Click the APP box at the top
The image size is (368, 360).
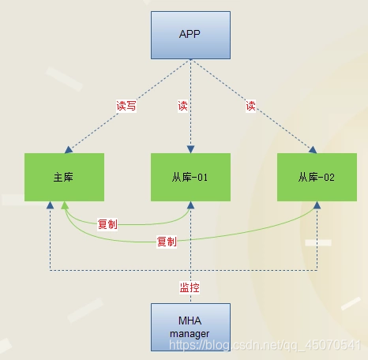[190, 34]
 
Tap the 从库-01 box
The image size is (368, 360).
[190, 177]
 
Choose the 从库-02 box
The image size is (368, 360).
[317, 177]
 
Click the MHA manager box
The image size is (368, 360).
[190, 326]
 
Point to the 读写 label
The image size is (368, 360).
[126, 106]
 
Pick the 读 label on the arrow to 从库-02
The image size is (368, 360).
[251, 106]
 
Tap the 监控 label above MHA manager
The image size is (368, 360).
[190, 287]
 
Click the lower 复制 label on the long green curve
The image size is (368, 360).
[167, 241]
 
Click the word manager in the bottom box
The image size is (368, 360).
[190, 334]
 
